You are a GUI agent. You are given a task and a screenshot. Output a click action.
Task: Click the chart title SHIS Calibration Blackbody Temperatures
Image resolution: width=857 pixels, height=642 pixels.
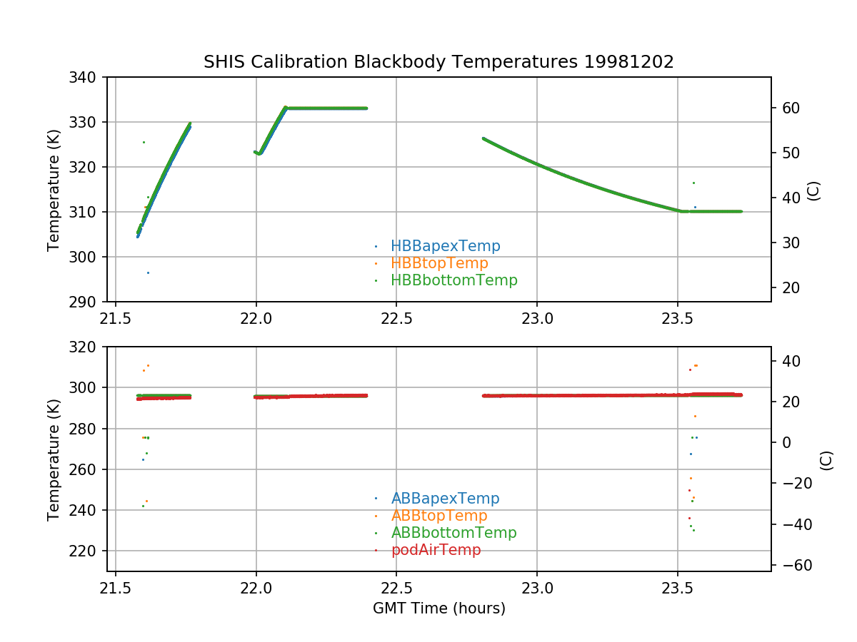pyautogui.click(x=438, y=62)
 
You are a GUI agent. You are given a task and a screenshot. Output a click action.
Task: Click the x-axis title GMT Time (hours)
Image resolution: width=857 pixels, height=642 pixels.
pyautogui.click(x=438, y=608)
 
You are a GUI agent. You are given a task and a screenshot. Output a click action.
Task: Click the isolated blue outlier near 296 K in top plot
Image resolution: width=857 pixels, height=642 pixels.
pyautogui.click(x=148, y=272)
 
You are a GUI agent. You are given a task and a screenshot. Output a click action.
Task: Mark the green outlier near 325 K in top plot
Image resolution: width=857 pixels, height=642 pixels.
pyautogui.click(x=144, y=142)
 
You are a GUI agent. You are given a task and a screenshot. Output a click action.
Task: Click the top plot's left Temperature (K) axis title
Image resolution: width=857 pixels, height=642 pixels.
pyautogui.click(x=54, y=189)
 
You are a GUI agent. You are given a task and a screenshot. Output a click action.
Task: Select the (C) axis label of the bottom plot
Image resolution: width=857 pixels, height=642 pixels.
pyautogui.click(x=826, y=460)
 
